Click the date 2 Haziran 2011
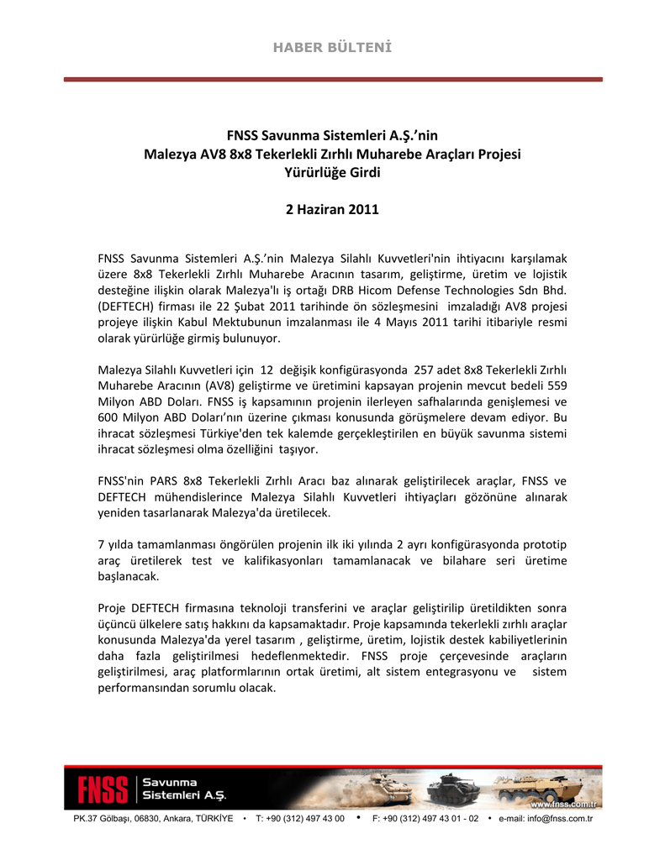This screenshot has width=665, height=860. [332, 209]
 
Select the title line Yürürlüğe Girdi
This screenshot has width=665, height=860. [332, 173]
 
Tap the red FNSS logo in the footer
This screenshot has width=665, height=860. [103, 789]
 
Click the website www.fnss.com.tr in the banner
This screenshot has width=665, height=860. [567, 804]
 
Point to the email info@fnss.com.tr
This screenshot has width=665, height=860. [546, 819]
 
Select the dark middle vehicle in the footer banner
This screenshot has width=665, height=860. [453, 789]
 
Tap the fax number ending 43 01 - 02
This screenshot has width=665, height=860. [425, 819]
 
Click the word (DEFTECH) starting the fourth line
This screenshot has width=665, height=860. [130, 307]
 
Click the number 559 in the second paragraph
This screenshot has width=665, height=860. [557, 386]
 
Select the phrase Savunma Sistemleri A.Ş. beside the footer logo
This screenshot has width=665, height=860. [183, 789]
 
